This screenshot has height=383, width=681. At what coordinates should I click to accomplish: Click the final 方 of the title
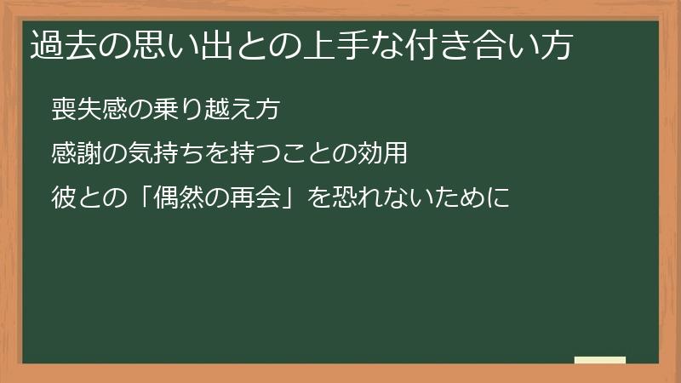(554, 45)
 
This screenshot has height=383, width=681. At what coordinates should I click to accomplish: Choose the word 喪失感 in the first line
(89, 110)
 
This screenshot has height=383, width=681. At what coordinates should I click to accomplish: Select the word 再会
(255, 198)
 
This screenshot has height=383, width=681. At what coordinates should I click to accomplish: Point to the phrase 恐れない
(370, 198)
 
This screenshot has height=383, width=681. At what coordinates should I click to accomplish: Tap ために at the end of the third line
(472, 198)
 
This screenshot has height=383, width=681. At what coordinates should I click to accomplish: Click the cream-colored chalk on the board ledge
(600, 360)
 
